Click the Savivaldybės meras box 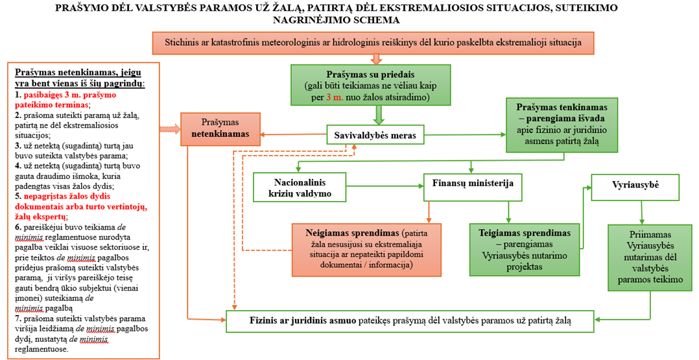375,135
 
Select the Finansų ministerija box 473,187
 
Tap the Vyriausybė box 635,187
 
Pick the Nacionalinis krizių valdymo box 300,187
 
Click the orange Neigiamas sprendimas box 366,249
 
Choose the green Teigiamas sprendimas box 524,249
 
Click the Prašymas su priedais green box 370,85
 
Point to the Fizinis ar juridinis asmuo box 410,321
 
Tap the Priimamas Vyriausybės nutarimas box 650,258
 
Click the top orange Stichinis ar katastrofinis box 373,43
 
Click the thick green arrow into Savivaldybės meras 379,115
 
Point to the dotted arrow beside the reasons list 170,129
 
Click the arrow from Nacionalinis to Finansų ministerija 385,187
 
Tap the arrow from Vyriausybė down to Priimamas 641,212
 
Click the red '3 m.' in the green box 335,97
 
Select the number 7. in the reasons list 18,318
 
